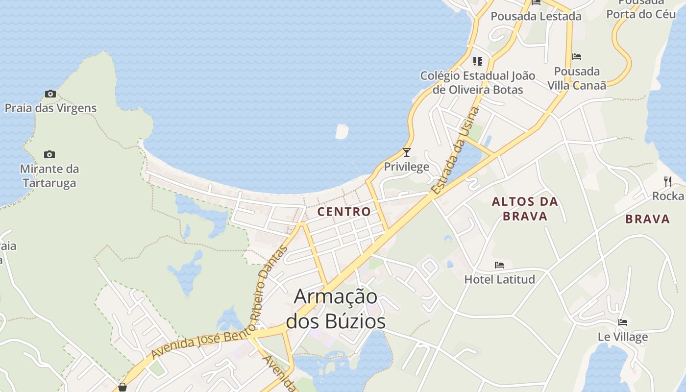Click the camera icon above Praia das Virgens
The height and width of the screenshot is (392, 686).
50,94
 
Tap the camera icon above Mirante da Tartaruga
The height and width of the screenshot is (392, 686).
49,154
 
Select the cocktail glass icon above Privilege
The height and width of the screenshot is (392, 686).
406,152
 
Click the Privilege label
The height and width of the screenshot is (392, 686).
406,167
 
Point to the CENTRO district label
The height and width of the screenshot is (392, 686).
344,212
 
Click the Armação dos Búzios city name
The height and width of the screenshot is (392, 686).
336,309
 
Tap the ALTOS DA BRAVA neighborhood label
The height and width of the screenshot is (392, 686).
525,209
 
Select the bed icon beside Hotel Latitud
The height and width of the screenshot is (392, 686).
499,265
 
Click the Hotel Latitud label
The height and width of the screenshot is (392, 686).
499,279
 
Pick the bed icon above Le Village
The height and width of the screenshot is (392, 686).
622,322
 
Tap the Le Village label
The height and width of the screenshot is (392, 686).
622,337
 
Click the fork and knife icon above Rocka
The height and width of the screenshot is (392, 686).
667,182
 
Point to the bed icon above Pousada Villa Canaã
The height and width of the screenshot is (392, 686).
577,57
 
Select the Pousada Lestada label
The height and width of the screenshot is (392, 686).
536,16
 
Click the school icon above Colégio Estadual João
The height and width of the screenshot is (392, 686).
477,61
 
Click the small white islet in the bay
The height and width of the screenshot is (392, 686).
342,131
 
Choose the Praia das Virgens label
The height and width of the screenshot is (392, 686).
50,108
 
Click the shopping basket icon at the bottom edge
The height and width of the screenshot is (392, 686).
122,387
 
